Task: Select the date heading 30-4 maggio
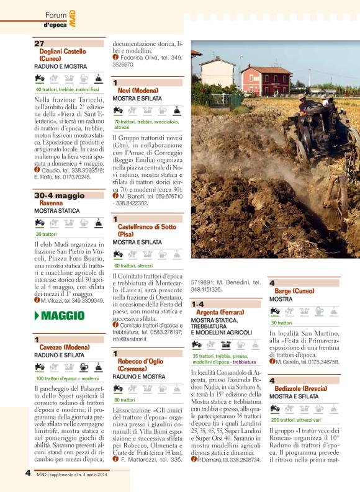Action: (x=59, y=195)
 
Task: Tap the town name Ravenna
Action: (x=51, y=203)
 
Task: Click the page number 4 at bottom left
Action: (x=27, y=472)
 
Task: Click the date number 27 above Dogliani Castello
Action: (x=39, y=43)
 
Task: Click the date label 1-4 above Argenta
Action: (x=199, y=305)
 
